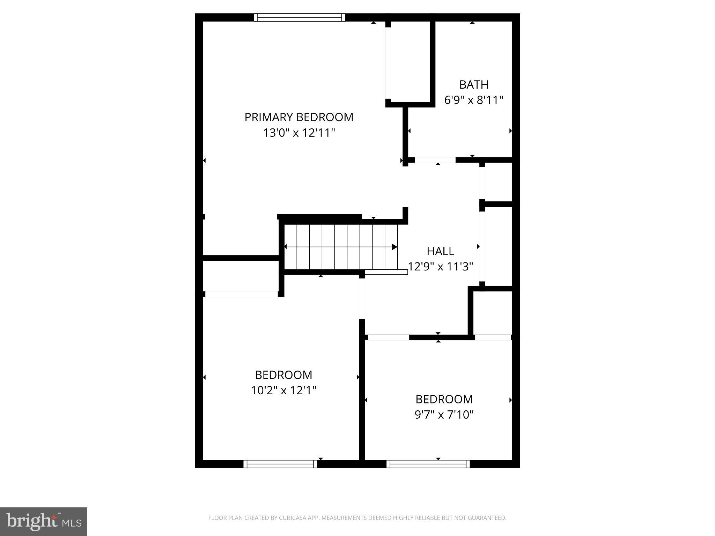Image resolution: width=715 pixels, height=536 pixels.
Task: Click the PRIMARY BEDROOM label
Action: [x=299, y=117]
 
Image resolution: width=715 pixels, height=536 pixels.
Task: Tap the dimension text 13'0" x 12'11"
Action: [x=299, y=133]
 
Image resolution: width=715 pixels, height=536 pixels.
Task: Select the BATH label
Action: [x=473, y=85]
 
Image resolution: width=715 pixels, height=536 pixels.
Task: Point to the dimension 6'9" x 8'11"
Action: [x=473, y=100]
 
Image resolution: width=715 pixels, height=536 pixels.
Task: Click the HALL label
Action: [x=440, y=251]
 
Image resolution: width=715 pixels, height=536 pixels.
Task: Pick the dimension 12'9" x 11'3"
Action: [x=441, y=267]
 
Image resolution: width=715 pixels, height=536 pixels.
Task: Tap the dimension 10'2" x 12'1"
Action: [x=283, y=390]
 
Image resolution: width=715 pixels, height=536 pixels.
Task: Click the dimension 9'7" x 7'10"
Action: [x=444, y=415]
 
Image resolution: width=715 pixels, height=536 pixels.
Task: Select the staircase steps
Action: [x=340, y=247]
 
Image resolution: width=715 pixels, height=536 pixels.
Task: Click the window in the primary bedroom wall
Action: [x=300, y=17]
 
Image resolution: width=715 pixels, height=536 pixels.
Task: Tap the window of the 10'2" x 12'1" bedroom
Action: [x=280, y=464]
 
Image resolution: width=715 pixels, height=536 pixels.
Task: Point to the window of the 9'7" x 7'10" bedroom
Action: [x=428, y=464]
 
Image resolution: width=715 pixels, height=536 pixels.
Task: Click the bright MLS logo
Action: [x=44, y=521]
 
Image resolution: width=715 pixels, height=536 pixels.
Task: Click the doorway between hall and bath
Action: [x=435, y=160]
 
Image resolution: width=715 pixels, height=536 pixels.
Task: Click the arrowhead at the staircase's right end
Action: [x=395, y=247]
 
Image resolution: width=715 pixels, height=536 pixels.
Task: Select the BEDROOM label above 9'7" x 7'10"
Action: [x=444, y=399]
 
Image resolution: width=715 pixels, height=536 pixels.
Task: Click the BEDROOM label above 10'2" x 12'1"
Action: [x=283, y=375]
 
